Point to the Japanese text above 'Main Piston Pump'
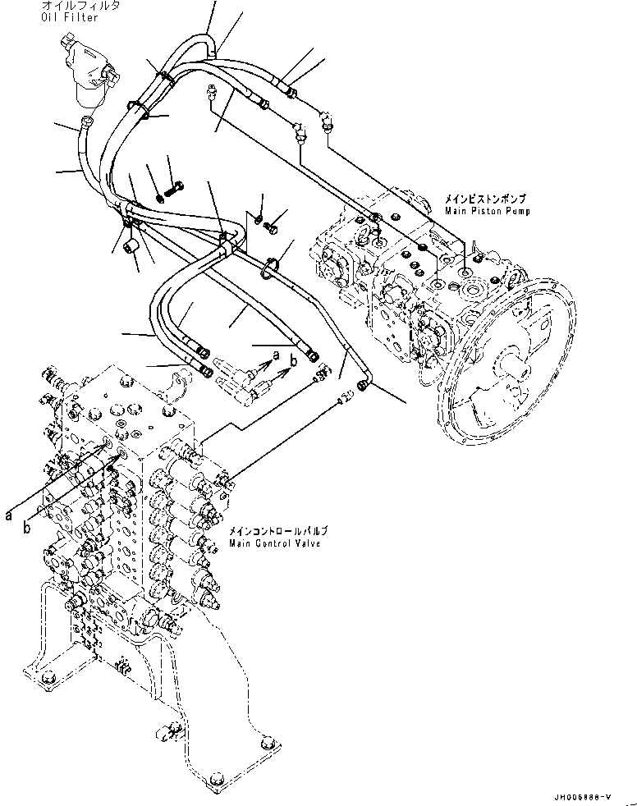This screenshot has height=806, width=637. point(485,199)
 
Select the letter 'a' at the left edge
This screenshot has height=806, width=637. point(8,515)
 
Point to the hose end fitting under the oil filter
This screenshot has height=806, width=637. point(85,125)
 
